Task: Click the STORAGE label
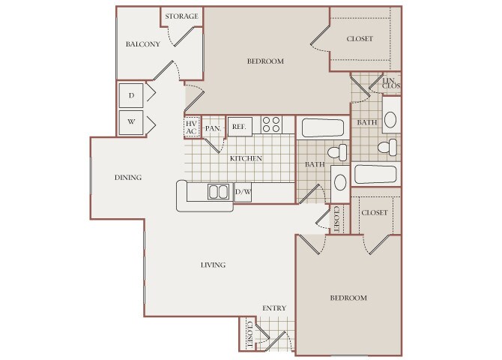pyautogui.click(x=181, y=16)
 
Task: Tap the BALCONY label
pyautogui.click(x=143, y=44)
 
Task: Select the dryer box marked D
pyautogui.click(x=131, y=95)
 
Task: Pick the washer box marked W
pyautogui.click(x=131, y=122)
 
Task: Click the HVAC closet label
pyautogui.click(x=191, y=127)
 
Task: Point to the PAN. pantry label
pyautogui.click(x=214, y=128)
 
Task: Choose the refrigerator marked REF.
pyautogui.click(x=240, y=127)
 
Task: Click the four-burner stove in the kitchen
pyautogui.click(x=271, y=124)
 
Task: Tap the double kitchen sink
pyautogui.click(x=218, y=192)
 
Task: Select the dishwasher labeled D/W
pyautogui.click(x=243, y=192)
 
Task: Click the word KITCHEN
pyautogui.click(x=246, y=158)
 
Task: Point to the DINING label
pyautogui.click(x=128, y=177)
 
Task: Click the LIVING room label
pyautogui.click(x=214, y=265)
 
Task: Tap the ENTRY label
pyautogui.click(x=274, y=308)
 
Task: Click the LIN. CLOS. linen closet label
pyautogui.click(x=391, y=83)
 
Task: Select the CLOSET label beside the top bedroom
pyautogui.click(x=360, y=39)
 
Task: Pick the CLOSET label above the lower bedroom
pyautogui.click(x=375, y=212)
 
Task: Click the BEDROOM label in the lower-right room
pyautogui.click(x=348, y=298)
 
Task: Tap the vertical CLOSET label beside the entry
pyautogui.click(x=250, y=334)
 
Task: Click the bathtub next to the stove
pyautogui.click(x=322, y=127)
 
